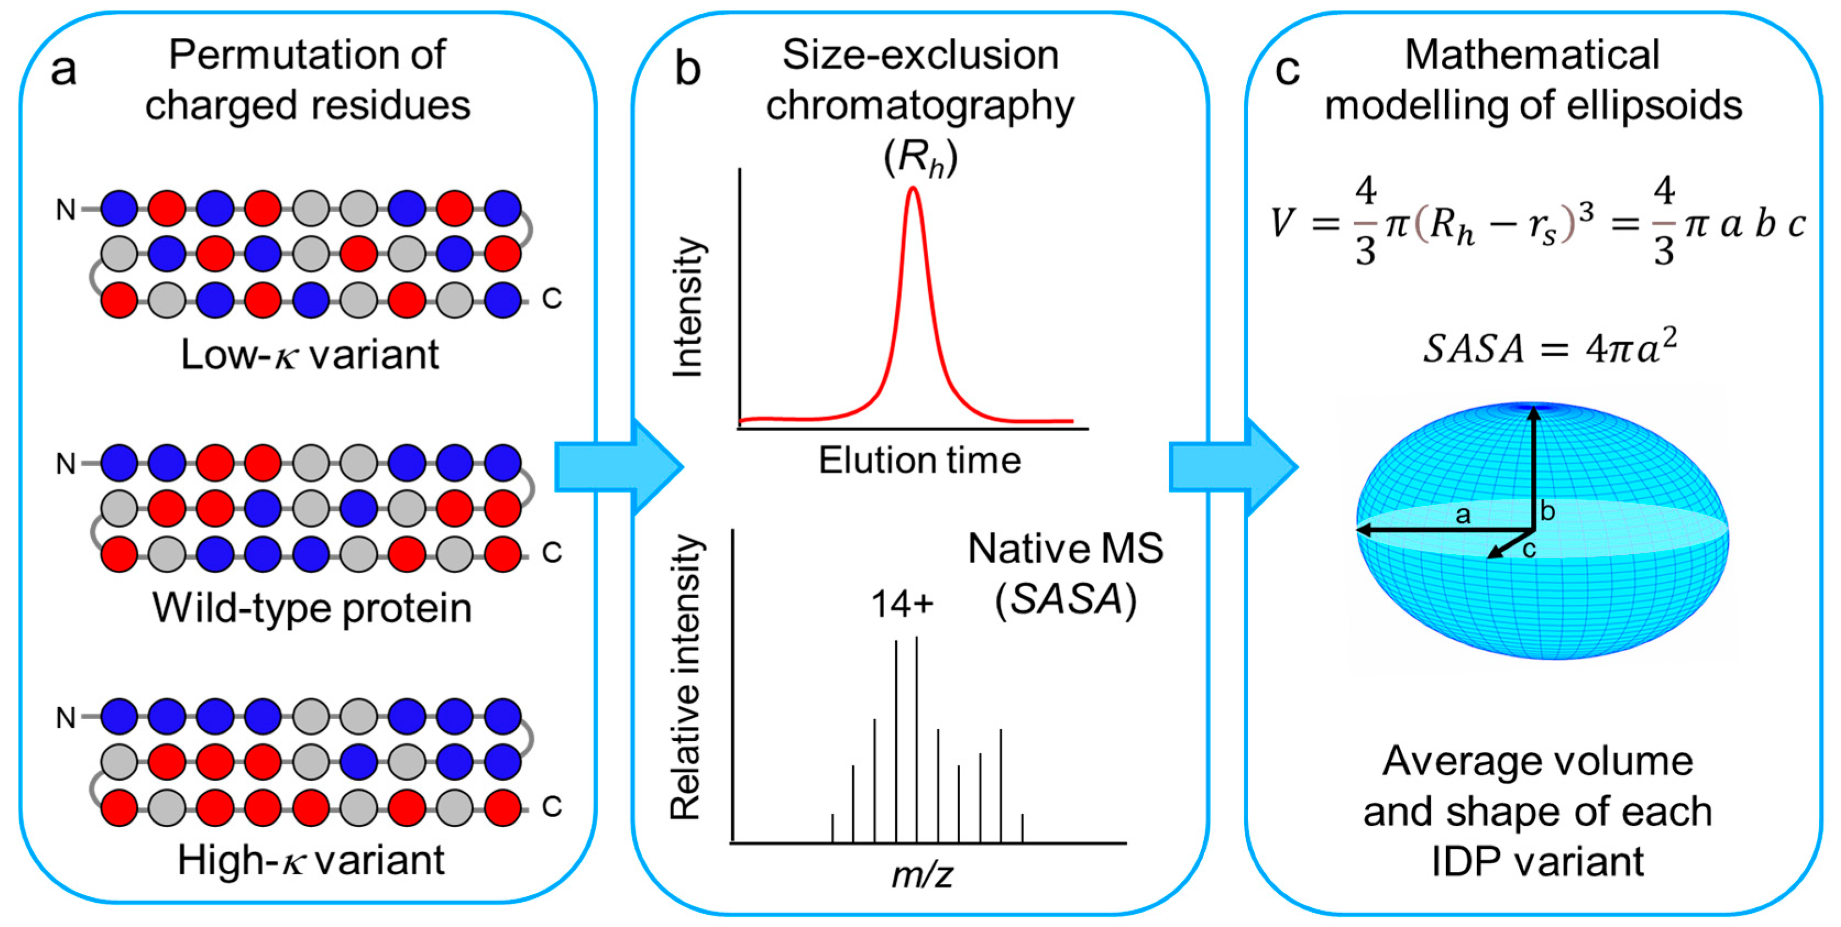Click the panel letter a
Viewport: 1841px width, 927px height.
[64, 70]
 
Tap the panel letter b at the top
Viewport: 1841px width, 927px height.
[687, 70]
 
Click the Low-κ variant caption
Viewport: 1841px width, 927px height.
[310, 355]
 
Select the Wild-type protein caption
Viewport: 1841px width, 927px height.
[312, 609]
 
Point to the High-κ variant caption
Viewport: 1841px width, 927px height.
[311, 860]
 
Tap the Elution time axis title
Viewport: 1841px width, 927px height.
[920, 460]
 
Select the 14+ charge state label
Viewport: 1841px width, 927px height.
[902, 604]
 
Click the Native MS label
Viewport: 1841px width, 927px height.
[1065, 549]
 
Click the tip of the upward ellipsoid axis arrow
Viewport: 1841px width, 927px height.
[1533, 409]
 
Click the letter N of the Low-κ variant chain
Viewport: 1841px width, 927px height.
[65, 210]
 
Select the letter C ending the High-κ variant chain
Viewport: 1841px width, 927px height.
[552, 806]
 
